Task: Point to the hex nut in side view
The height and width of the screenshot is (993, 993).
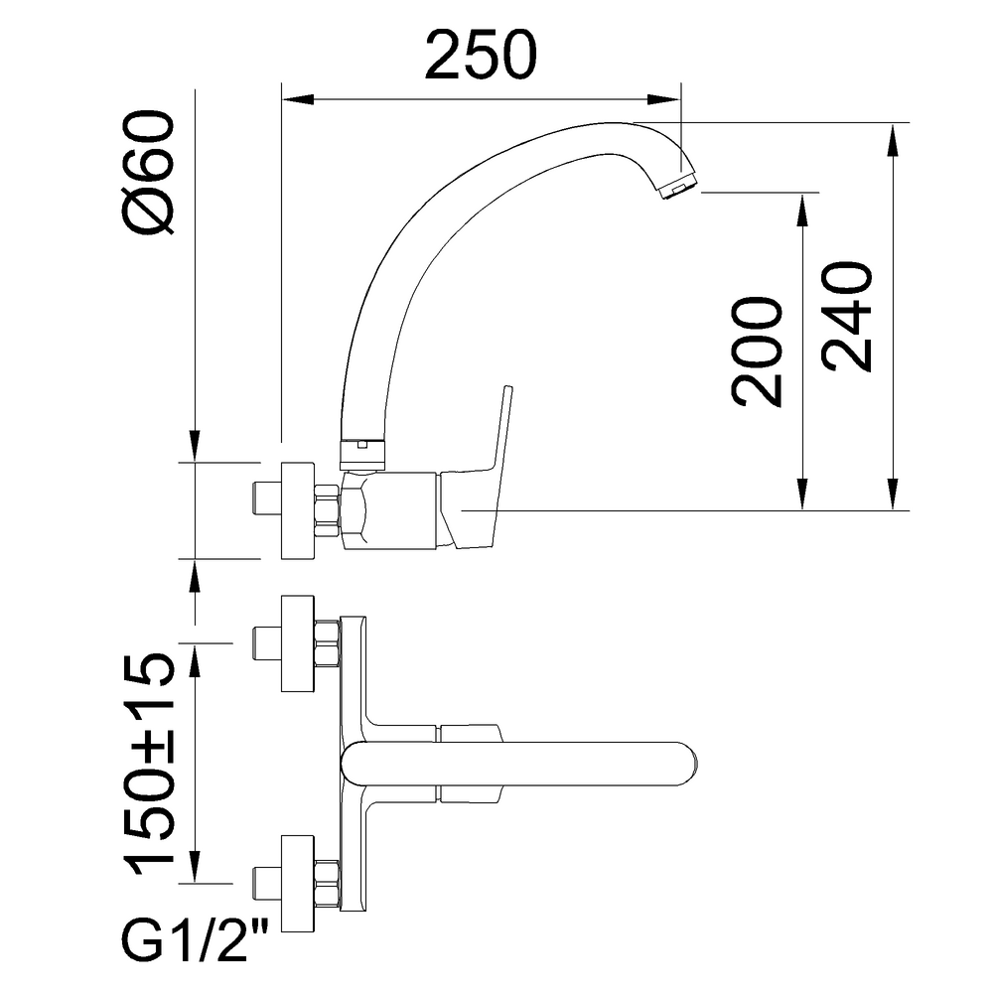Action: (327, 510)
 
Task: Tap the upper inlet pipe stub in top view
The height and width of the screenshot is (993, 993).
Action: (265, 643)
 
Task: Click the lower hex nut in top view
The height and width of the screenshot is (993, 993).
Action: (326, 883)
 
